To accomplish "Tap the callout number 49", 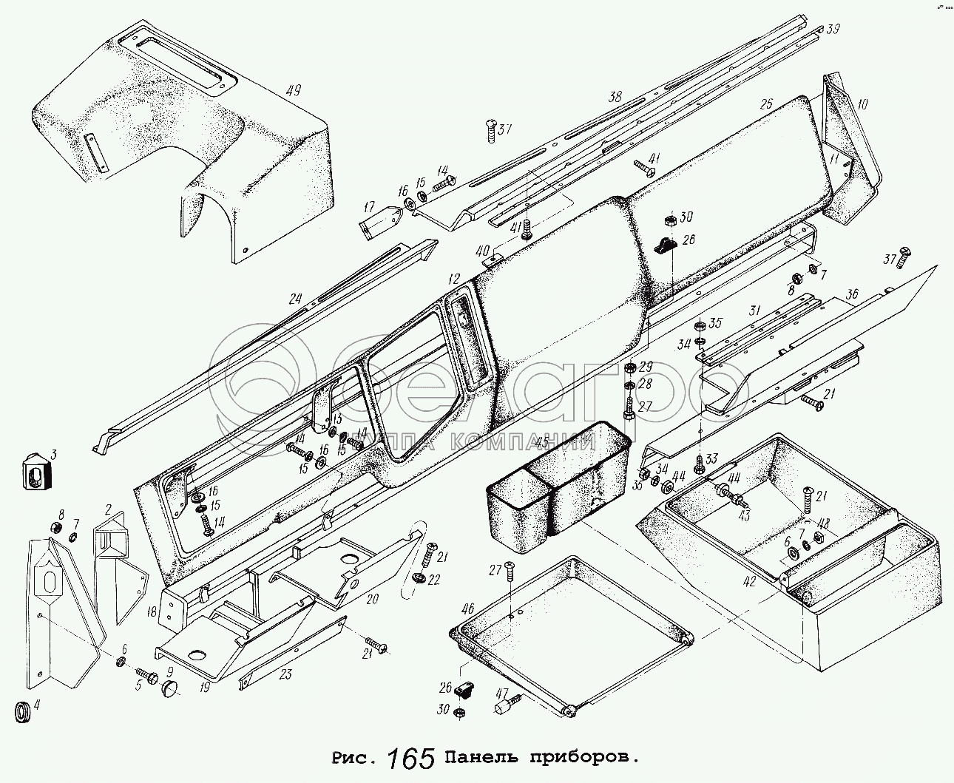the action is (x=294, y=92).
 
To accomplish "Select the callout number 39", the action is (x=833, y=30).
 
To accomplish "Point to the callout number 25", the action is (x=766, y=104).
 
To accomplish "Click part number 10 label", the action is (x=862, y=104).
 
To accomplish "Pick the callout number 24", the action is (x=296, y=299).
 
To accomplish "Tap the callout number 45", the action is (x=543, y=443).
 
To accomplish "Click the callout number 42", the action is (x=749, y=581).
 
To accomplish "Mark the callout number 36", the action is (x=851, y=294).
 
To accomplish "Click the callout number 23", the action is (x=286, y=674).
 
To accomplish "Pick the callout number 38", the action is (x=615, y=97).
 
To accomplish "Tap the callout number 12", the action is (x=453, y=279).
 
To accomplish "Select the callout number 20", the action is (x=372, y=599).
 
